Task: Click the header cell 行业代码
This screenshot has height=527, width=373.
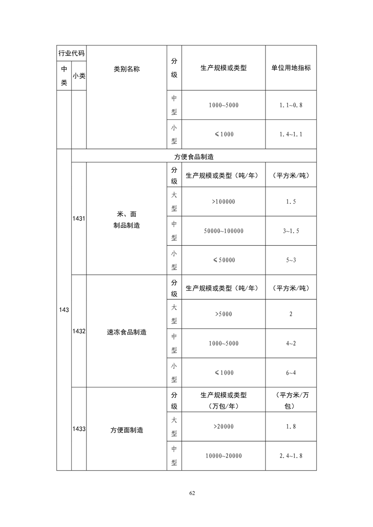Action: (71, 53)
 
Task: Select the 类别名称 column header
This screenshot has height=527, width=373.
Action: (126, 69)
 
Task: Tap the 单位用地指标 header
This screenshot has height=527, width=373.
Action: (291, 68)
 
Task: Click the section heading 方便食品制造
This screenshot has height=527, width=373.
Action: (194, 156)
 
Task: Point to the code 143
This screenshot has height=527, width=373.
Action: (64, 310)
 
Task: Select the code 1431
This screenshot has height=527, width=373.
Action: (79, 218)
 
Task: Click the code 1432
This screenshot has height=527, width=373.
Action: (79, 331)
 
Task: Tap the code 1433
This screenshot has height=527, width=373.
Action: (79, 429)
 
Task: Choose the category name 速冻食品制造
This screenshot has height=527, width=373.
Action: (126, 332)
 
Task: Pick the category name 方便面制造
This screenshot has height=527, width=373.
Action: (126, 430)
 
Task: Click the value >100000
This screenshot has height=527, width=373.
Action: (223, 201)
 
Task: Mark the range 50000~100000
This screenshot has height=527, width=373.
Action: (224, 231)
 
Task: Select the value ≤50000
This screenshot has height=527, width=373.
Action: (224, 260)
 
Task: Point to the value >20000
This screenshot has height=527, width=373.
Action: (223, 426)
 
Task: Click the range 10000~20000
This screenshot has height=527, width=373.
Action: (224, 456)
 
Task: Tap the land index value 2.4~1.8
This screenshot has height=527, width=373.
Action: (291, 456)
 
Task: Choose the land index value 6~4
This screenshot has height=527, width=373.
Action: (291, 373)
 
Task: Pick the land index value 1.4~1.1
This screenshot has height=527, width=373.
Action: (291, 134)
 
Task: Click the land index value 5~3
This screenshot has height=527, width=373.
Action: (291, 260)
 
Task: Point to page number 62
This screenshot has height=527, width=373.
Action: (192, 493)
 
